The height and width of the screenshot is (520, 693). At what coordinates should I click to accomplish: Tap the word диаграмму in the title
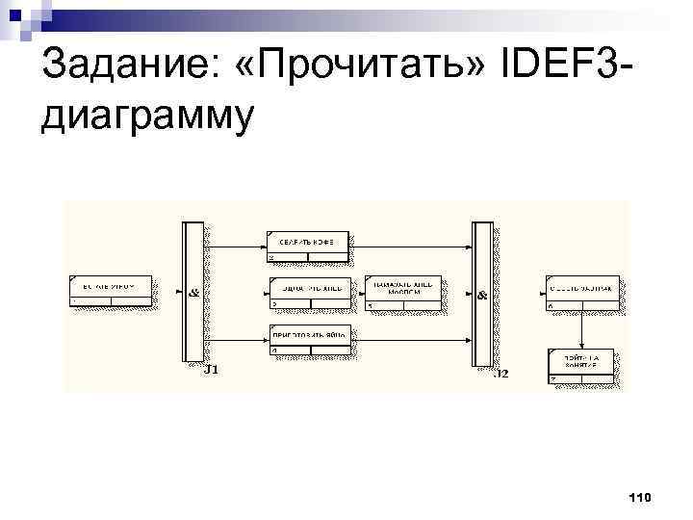click(x=148, y=117)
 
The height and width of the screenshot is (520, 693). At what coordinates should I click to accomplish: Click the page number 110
click(x=639, y=497)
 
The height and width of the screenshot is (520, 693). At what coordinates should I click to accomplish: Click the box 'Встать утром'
click(x=110, y=291)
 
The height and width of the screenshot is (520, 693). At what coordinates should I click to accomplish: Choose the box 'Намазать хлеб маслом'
click(x=404, y=292)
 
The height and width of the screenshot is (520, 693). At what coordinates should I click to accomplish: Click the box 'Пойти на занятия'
click(x=581, y=365)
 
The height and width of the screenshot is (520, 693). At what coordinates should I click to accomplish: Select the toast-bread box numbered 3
click(x=307, y=292)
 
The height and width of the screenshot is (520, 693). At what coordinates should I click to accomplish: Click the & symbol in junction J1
click(x=193, y=292)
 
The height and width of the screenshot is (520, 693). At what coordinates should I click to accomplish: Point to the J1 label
click(x=214, y=369)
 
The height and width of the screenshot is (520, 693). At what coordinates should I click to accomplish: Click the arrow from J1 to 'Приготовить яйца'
click(x=236, y=338)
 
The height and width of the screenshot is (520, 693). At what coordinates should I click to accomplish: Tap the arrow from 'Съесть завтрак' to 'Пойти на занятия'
click(x=581, y=327)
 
